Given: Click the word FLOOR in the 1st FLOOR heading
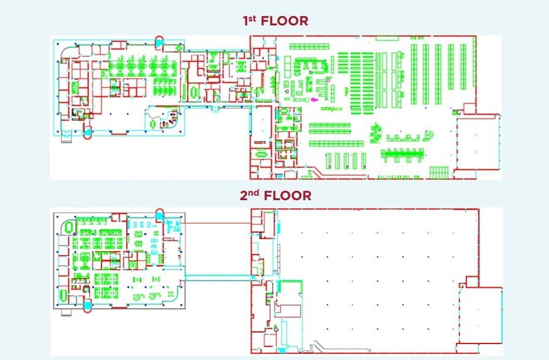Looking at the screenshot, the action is coord(285,21).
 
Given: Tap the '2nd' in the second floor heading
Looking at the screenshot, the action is coord(249,195).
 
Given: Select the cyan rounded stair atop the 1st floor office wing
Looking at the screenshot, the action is coord(159,41).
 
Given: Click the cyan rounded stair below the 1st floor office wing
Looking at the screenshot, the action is coord(88,133).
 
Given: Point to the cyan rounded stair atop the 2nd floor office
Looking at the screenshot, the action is coord(159,214).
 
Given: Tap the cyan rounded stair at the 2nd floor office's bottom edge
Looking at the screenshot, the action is coord(88,306).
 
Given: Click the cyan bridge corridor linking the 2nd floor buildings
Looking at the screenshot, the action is coord(219,278).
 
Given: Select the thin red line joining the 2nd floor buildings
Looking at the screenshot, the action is coord(216,223).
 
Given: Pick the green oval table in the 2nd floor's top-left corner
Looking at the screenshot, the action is coord(69,227).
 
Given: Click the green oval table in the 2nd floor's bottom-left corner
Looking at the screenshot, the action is coord(63,294).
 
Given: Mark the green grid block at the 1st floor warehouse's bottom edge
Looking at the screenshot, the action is coord(439,173).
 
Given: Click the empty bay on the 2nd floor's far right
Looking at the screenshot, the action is coord(480,315).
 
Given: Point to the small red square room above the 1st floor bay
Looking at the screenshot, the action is coord(469,108).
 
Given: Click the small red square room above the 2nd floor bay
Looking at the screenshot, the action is coord(472,282).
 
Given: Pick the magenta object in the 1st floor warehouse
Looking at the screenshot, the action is coord(314,100).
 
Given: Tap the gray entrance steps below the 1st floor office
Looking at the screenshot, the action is coord(66,138).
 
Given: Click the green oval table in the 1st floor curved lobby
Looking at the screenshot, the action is coord(153,124).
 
